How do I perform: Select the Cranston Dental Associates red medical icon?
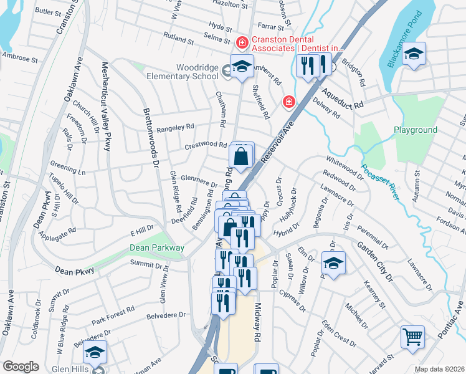click(242, 42)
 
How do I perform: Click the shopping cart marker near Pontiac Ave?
click(412, 338)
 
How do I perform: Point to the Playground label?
click(416, 130)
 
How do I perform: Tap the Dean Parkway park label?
click(157, 247)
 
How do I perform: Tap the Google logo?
click(21, 367)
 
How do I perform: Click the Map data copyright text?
click(440, 369)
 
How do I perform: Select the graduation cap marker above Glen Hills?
click(95, 353)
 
